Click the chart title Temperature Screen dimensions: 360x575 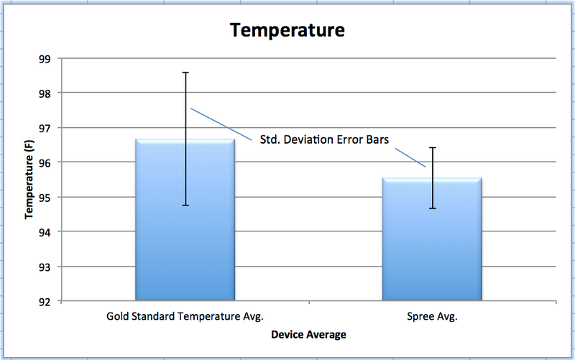tap(287, 31)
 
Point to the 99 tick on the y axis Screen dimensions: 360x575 tap(47, 59)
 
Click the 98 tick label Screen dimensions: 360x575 tap(47, 93)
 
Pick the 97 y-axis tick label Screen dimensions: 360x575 tap(47, 128)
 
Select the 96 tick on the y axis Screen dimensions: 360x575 tap(47, 162)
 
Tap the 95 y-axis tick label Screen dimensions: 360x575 tap(47, 198)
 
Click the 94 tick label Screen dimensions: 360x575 tap(47, 232)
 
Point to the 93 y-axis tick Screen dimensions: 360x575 tap(47, 267)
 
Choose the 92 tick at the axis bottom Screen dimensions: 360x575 tap(47, 301)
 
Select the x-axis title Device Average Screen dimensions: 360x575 tap(308, 334)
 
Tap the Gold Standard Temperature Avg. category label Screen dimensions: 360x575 tap(185, 316)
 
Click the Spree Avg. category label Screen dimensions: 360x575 tap(432, 316)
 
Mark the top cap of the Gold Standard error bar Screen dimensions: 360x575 tap(185, 73)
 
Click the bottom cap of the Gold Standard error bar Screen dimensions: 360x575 tap(185, 206)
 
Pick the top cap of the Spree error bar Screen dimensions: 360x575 tap(433, 147)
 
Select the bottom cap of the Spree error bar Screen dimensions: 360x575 tap(433, 208)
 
